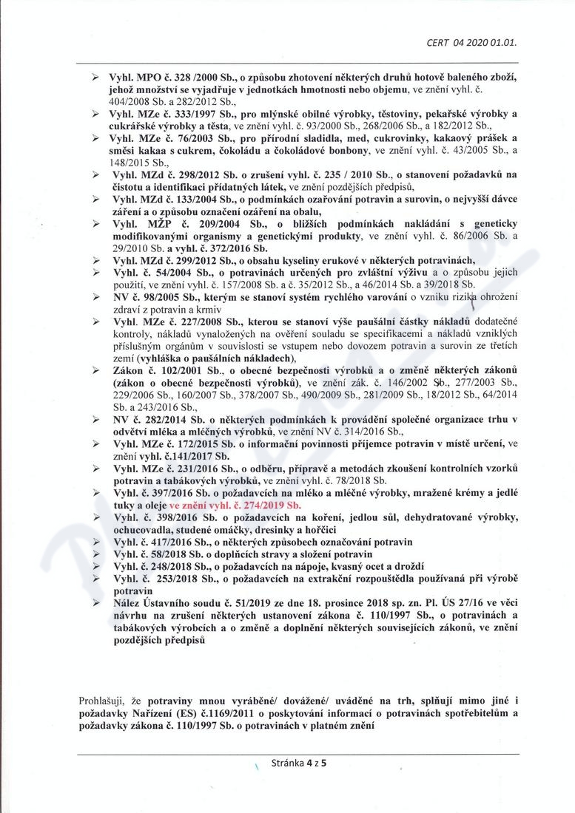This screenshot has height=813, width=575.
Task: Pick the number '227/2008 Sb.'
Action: click(194, 322)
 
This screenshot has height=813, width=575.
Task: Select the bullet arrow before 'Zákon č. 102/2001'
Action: click(95, 370)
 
